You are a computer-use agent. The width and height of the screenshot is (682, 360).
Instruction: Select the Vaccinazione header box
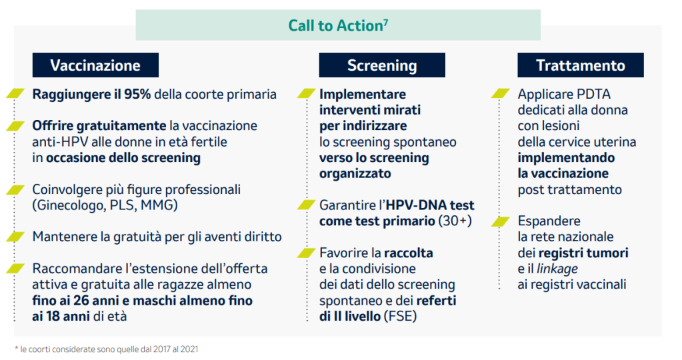[95, 65]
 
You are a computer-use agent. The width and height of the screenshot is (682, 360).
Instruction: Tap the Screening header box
[382, 65]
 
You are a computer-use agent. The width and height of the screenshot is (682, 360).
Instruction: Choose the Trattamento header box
[580, 65]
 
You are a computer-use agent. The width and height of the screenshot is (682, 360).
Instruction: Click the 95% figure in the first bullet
[137, 95]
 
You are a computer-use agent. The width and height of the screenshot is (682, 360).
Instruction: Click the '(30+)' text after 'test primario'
[455, 221]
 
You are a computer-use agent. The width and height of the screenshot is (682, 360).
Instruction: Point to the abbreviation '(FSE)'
[400, 316]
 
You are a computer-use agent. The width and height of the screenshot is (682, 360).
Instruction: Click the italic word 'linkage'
[557, 269]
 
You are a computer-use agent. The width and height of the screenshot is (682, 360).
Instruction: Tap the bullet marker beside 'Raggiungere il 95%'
[15, 93]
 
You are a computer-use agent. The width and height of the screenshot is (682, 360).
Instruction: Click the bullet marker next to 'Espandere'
[501, 222]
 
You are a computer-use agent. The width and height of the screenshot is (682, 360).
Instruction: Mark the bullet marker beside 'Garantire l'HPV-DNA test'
[307, 205]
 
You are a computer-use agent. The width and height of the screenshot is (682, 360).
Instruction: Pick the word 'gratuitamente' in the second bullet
[121, 126]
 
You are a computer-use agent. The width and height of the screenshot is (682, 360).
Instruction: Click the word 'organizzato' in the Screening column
[355, 173]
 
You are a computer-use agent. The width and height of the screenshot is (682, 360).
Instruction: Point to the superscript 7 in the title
[386, 22]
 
